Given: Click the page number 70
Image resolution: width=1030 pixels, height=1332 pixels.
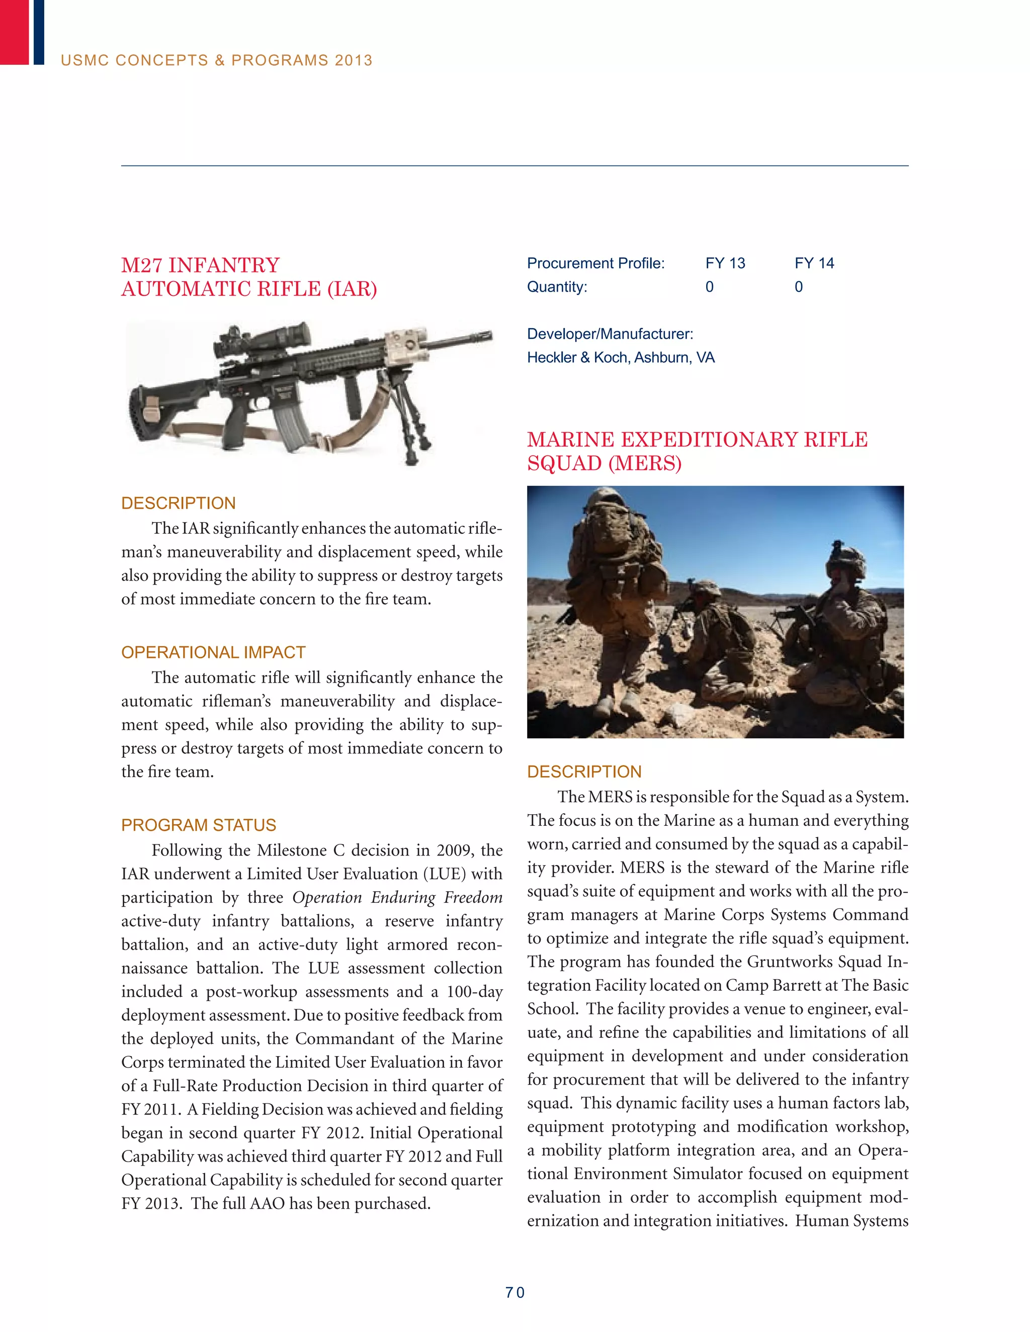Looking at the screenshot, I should pos(514,1292).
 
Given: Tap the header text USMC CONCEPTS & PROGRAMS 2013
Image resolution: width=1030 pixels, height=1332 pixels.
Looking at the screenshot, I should pos(217,60).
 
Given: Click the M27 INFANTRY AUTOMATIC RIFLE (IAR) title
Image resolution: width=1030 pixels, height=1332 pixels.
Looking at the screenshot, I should pos(249,277).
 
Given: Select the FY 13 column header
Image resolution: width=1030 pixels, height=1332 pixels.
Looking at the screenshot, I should pos(725,263).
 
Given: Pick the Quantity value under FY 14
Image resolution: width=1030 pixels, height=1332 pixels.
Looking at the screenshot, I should pos(798,287).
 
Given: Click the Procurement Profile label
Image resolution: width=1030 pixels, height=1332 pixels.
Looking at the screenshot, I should pos(595,263).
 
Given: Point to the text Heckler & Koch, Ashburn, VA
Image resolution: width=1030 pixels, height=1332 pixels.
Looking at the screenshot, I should pos(621,357).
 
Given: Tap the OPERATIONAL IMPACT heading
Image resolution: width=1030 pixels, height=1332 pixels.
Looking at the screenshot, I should pos(213,652).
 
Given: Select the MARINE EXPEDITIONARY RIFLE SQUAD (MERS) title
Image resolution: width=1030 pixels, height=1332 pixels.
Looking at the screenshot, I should pos(697,451).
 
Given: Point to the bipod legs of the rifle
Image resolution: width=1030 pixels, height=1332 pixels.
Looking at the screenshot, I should pos(409,415).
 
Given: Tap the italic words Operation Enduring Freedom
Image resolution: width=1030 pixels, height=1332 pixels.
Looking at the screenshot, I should pos(397,897).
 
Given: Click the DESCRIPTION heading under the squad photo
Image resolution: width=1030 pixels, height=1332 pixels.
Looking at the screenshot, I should pos(584,772).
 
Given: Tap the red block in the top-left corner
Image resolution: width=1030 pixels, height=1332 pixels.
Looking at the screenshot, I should pos(14,32).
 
